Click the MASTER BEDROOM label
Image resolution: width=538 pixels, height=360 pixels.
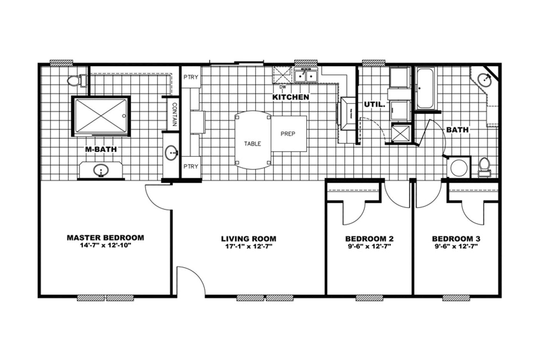pos(105,238)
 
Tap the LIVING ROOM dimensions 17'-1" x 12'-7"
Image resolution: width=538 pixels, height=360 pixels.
pos(249,247)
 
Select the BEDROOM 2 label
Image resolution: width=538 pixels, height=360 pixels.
pos(369,239)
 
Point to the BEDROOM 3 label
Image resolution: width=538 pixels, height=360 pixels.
pos(456,239)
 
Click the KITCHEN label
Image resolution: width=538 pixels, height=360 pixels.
pos(291,97)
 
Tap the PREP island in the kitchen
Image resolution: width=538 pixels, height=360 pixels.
pos(288,133)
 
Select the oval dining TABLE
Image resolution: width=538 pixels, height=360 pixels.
pos(252,140)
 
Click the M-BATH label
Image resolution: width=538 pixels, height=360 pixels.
pos(101,149)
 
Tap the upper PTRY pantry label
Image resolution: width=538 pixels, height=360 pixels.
pos(191,77)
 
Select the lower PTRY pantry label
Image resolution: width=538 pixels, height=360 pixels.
pos(191,166)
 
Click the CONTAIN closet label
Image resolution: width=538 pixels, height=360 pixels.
pos(174,114)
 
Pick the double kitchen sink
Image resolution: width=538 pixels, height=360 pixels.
pos(306,75)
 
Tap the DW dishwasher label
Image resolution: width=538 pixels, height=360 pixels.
pos(283,87)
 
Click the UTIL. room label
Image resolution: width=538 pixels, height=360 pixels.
pos(374,104)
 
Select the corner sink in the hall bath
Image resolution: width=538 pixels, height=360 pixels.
pos(485,80)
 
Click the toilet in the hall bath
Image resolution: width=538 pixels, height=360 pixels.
pos(485,167)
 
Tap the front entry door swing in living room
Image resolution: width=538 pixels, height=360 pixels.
pos(191,281)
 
